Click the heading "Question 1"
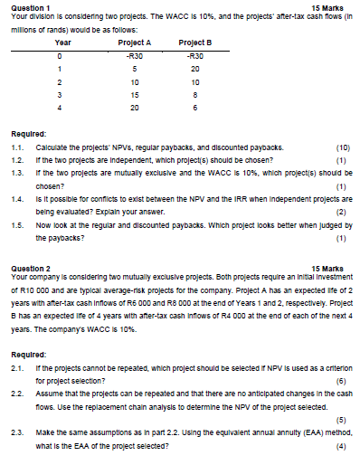point(27,6)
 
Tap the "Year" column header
point(64,43)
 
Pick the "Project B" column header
point(195,43)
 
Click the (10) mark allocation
point(342,145)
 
